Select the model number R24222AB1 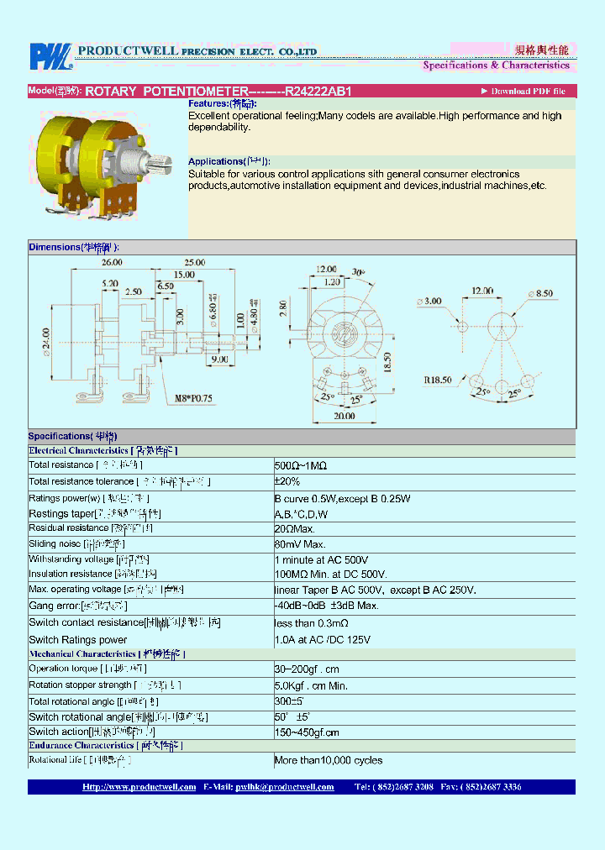coord(318,91)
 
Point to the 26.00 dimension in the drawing coord(112,263)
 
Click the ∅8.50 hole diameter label coord(539,294)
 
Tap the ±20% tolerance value coord(287,481)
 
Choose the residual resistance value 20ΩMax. coord(294,528)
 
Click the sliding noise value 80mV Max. coord(299,544)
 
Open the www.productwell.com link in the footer coord(139,787)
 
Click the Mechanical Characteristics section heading coord(82,653)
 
